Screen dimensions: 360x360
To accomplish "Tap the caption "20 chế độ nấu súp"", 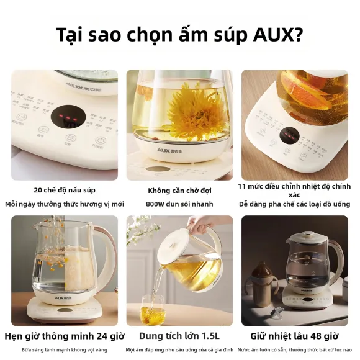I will (x=65, y=190).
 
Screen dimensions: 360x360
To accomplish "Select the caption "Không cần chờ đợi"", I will (x=179, y=190).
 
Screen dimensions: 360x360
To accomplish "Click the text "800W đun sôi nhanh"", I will (x=179, y=204).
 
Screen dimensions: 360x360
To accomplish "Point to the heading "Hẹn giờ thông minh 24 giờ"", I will (x=64, y=336).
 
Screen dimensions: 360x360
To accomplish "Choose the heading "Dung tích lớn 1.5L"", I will (x=179, y=336).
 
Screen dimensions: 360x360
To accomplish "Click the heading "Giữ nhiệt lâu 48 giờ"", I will (x=294, y=336).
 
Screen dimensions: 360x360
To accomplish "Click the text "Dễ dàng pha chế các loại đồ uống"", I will (x=294, y=204).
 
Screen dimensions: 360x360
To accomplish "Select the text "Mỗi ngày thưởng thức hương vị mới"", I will (x=65, y=204).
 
